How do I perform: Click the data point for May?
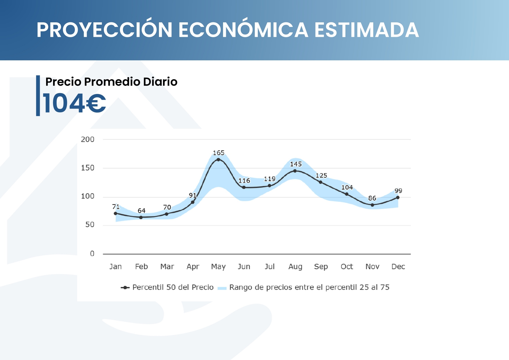click(x=218, y=160)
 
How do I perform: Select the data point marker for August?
click(x=295, y=171)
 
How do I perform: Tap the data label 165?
click(x=218, y=153)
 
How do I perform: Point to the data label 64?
click(x=142, y=211)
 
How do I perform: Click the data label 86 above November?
click(x=372, y=198)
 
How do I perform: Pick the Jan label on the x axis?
click(x=115, y=267)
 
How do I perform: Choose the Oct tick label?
click(x=347, y=267)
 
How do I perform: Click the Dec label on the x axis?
click(x=398, y=267)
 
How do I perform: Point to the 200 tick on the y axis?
click(x=88, y=140)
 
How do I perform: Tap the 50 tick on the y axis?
click(x=90, y=225)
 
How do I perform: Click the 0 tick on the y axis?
click(x=92, y=254)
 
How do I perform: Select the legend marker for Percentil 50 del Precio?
click(x=125, y=287)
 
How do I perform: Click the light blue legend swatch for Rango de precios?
click(x=222, y=288)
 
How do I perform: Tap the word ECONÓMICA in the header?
click(x=243, y=30)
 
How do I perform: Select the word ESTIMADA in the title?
click(x=367, y=30)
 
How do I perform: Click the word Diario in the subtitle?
click(x=160, y=82)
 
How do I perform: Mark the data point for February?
click(x=141, y=217)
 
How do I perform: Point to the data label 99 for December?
click(x=398, y=191)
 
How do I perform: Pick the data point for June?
click(x=244, y=187)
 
